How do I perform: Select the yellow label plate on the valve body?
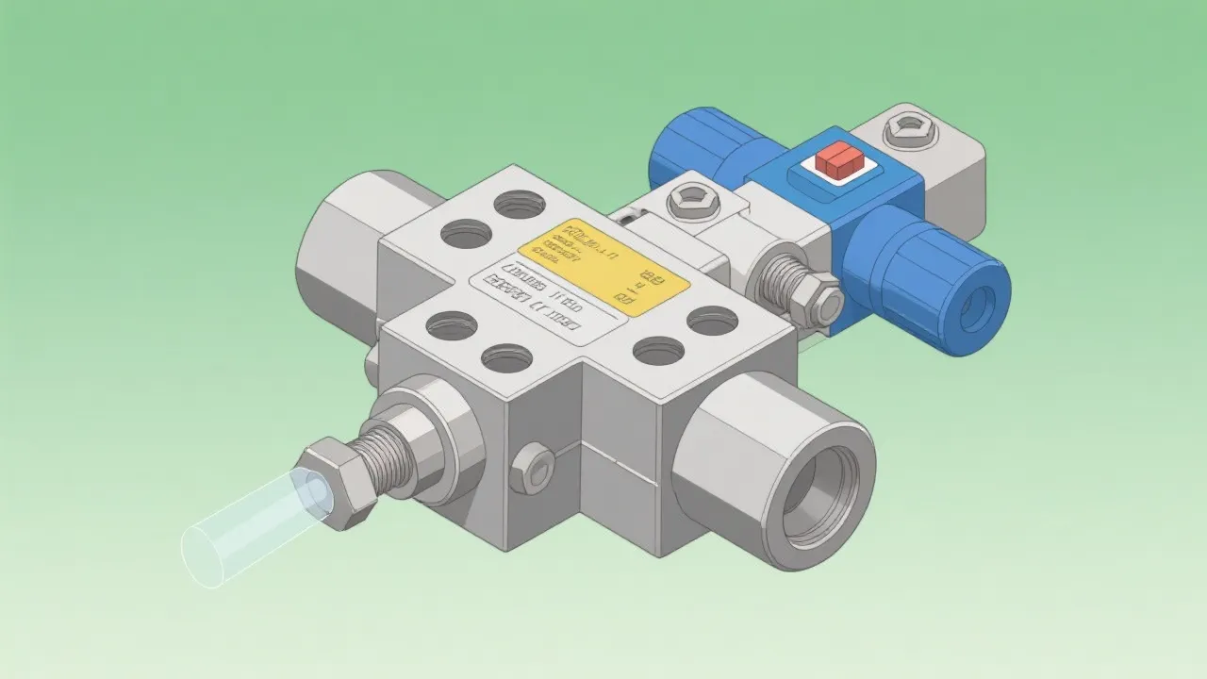(603, 263)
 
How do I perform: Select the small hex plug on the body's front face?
(532, 467)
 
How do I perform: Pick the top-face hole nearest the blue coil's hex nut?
(712, 322)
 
